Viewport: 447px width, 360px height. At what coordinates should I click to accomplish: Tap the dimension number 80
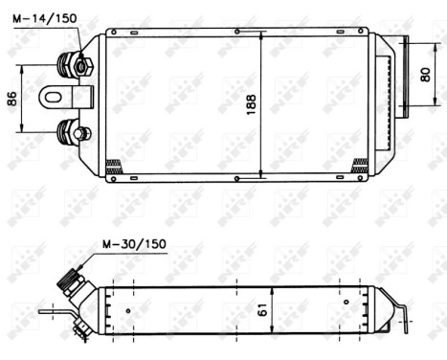pyautogui.click(x=426, y=76)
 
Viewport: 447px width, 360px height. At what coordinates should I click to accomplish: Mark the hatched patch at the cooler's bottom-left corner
pyautogui.click(x=113, y=165)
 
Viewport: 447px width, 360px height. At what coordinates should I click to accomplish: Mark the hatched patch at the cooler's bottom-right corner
pyautogui.click(x=360, y=165)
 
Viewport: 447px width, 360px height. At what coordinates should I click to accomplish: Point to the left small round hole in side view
pyautogui.click(x=128, y=310)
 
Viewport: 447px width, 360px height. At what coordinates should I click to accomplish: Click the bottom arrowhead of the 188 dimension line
pyautogui.click(x=261, y=172)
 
